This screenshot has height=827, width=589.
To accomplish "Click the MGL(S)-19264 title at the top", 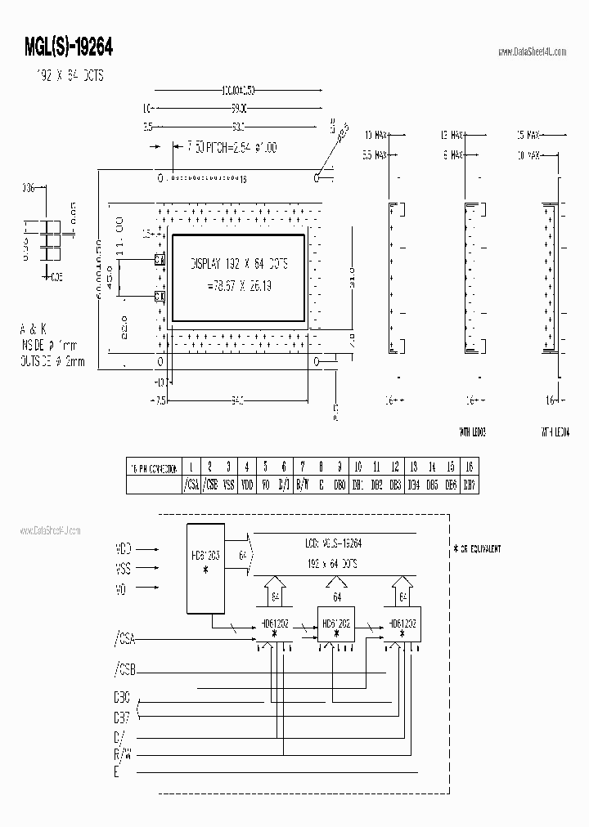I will (x=70, y=48).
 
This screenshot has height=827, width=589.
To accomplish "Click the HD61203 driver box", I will (x=205, y=567).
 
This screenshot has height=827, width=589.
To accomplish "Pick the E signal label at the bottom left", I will (x=117, y=771).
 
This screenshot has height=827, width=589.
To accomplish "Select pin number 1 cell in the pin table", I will (x=191, y=467).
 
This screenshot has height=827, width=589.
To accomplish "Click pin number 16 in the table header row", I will (x=469, y=467).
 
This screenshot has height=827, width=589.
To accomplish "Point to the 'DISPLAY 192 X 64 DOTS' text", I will (x=239, y=265).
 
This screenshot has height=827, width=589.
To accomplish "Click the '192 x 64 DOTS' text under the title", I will (x=66, y=76).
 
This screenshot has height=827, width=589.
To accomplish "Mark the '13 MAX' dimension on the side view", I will (x=452, y=134).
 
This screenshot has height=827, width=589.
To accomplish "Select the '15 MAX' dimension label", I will (x=528, y=134).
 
